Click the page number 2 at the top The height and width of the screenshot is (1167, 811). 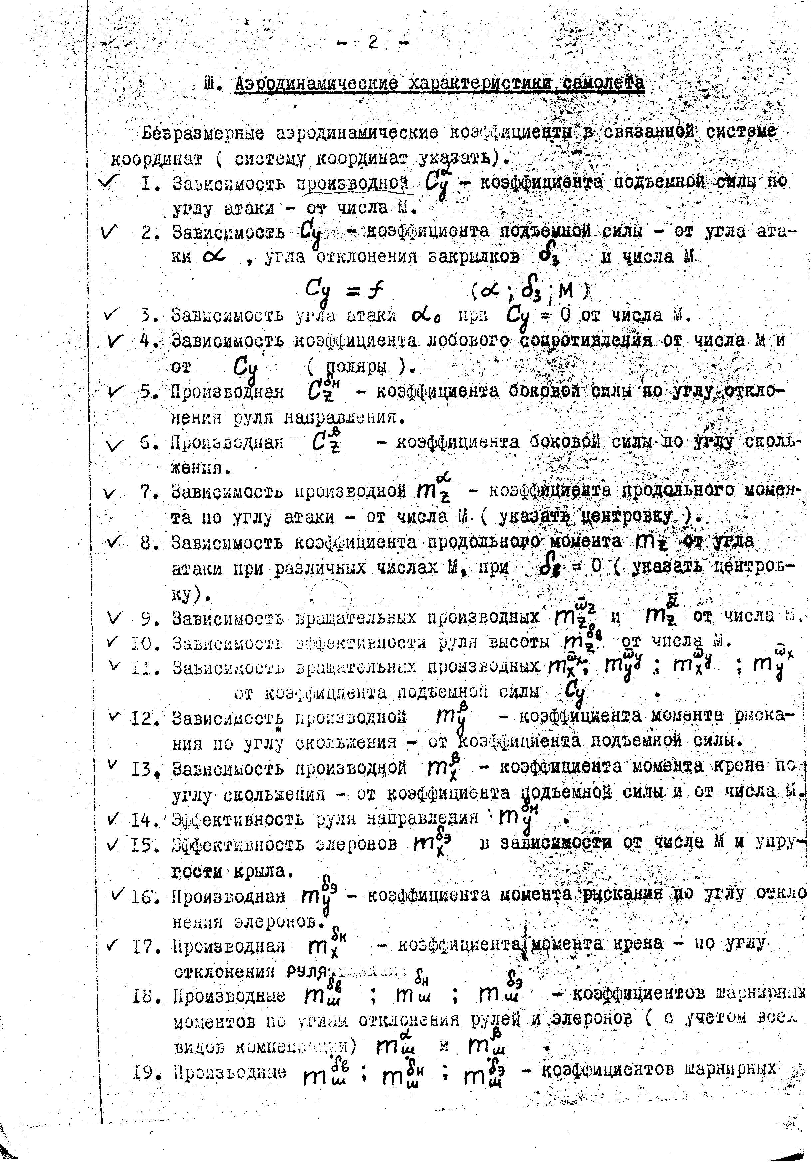pyautogui.click(x=374, y=44)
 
